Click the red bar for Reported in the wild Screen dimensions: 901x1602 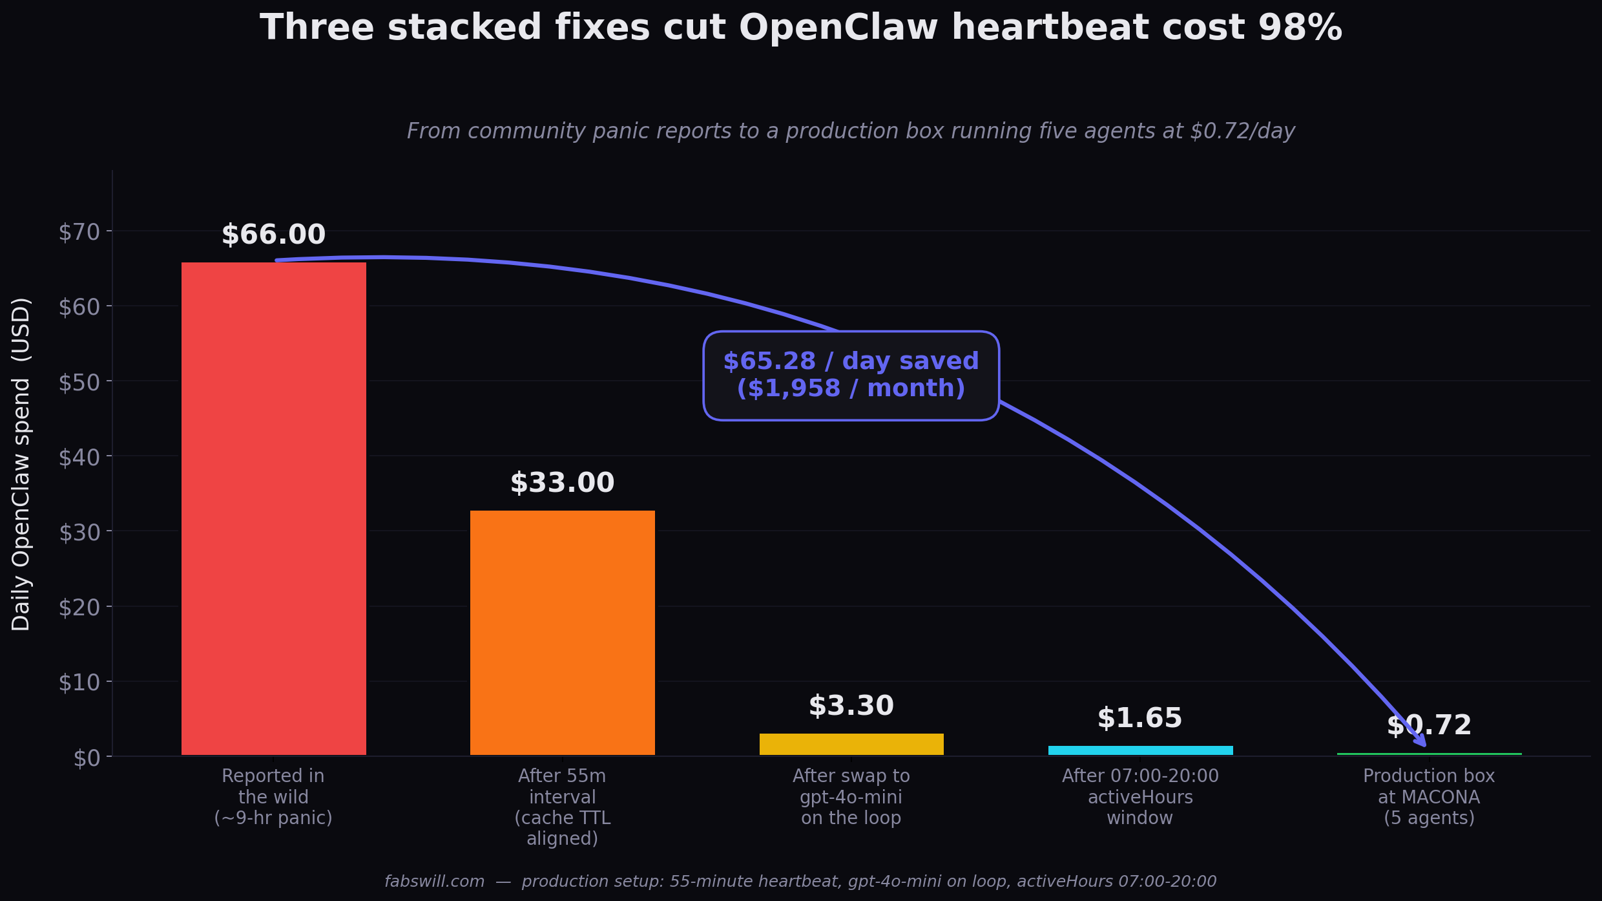pos(273,508)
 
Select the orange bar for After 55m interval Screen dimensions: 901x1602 pos(562,632)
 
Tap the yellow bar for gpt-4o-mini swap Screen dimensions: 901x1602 pos(851,744)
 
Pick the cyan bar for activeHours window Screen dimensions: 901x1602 pos(1140,750)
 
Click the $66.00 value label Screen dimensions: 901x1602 pos(273,235)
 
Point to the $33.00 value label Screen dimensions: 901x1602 pos(562,483)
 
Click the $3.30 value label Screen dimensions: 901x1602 pos(851,706)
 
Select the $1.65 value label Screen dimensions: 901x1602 pos(1139,719)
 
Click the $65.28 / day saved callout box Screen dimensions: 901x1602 pos(851,376)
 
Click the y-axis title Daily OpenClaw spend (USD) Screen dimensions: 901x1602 pos(21,463)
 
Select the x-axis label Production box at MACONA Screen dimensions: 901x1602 pos(1429,796)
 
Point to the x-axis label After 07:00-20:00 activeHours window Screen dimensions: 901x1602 pos(1140,796)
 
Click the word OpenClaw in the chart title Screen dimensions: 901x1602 pos(838,28)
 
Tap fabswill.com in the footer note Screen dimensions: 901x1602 pos(434,882)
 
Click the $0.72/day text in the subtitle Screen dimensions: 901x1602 pos(1242,131)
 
